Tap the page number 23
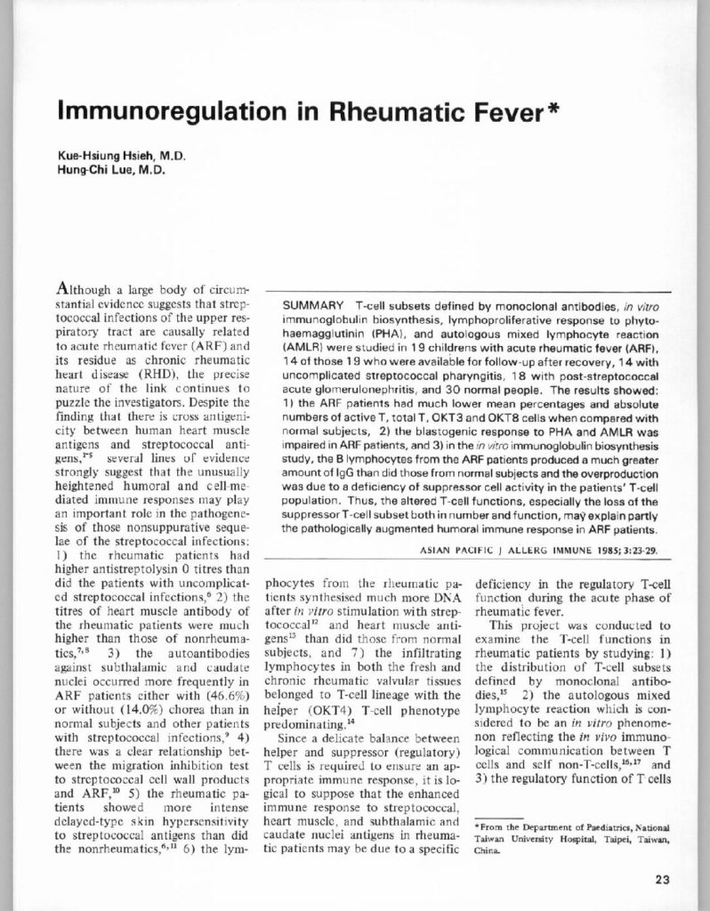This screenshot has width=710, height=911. click(x=661, y=880)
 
